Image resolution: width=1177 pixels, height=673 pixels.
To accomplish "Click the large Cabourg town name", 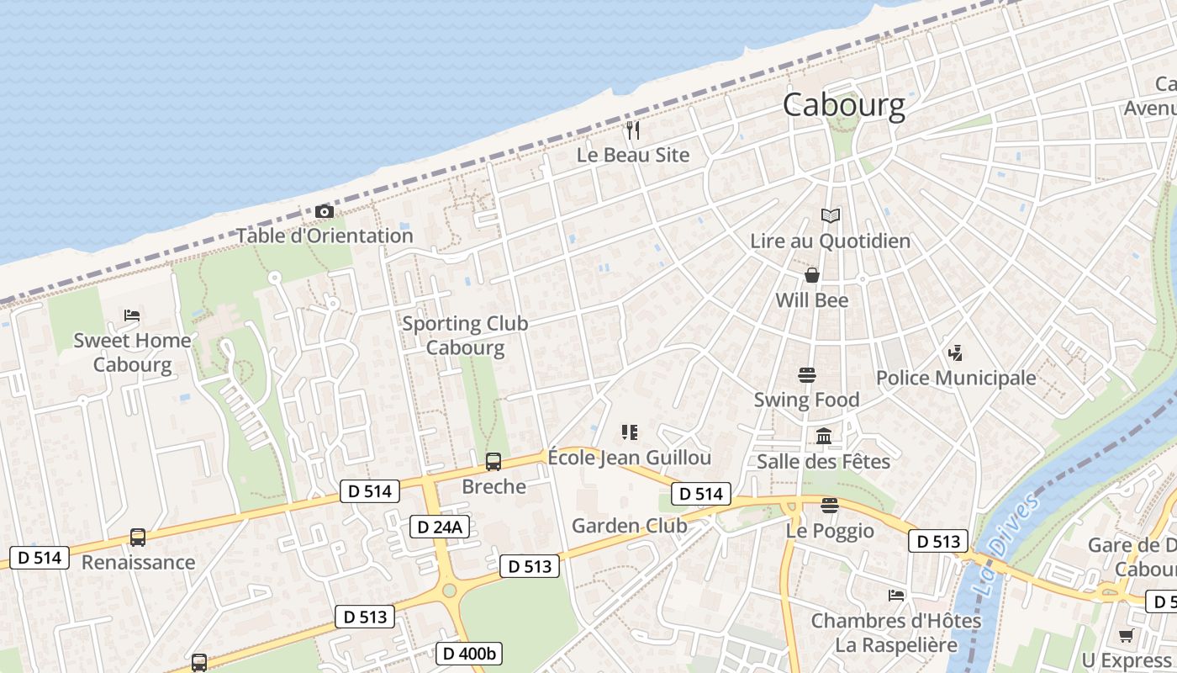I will tap(844, 106).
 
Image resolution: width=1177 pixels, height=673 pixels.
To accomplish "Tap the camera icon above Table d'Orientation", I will tap(324, 211).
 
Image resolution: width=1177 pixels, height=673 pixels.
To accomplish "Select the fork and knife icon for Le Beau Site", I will tap(633, 130).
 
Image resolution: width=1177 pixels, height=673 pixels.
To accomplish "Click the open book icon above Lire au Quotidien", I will tap(831, 216).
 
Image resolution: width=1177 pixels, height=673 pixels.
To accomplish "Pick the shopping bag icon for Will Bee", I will tap(812, 275).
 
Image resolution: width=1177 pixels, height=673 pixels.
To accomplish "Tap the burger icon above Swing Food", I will tap(807, 374).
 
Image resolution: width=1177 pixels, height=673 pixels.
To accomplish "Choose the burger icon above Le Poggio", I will tap(830, 506).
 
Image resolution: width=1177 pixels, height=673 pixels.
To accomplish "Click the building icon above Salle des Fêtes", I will tap(824, 437).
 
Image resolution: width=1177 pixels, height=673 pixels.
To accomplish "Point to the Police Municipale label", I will tap(956, 378).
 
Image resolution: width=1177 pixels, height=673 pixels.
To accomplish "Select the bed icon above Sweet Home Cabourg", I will tap(132, 315).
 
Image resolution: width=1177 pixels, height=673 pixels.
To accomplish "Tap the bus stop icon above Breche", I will tap(493, 461).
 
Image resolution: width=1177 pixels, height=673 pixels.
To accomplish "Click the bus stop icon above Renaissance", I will tap(137, 537).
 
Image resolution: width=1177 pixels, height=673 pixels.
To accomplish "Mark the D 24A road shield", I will tap(439, 527).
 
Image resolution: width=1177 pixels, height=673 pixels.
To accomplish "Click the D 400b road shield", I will tap(469, 653).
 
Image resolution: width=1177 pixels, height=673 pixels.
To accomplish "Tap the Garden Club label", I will tap(630, 526).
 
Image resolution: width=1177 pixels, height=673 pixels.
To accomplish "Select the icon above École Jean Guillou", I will tap(629, 432).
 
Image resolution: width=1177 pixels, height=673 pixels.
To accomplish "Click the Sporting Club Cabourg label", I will tap(465, 335).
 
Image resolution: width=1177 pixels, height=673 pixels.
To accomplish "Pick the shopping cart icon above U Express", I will tap(1126, 635).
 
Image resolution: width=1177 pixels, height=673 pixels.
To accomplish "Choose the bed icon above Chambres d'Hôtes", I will tap(896, 596).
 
